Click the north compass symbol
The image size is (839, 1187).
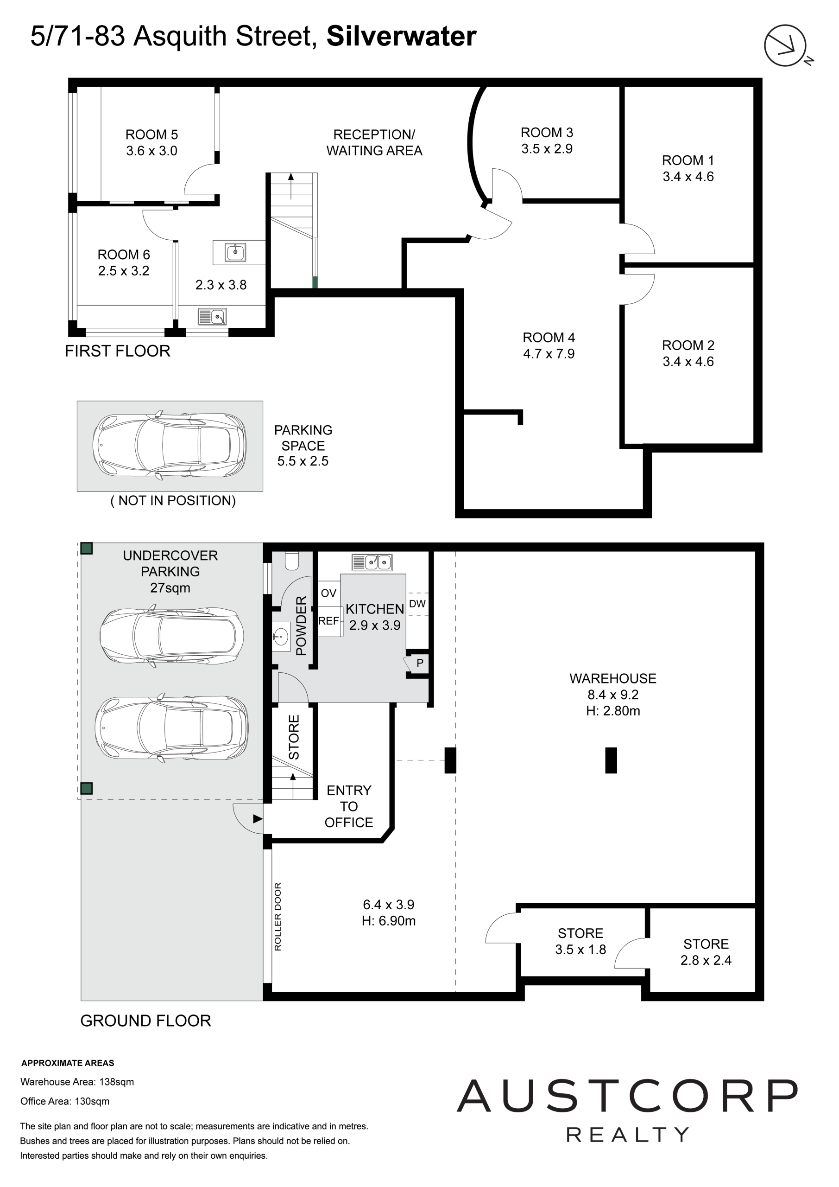(786, 45)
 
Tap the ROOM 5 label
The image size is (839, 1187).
(151, 134)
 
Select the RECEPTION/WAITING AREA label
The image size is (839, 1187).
(374, 143)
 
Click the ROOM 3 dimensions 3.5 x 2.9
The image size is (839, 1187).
(547, 149)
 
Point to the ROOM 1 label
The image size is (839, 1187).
(688, 160)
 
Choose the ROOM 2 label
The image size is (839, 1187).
(688, 345)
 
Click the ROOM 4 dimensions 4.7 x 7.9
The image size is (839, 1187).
(549, 354)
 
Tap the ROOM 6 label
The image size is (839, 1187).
(124, 255)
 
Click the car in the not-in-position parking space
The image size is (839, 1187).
(170, 445)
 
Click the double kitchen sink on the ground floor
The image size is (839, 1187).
(372, 562)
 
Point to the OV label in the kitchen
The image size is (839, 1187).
(328, 593)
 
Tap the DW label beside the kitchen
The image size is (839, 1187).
(417, 603)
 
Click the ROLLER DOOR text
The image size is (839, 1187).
(278, 917)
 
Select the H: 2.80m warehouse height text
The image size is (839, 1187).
(613, 711)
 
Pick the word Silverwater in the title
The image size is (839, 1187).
(401, 36)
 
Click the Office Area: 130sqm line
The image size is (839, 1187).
(65, 1101)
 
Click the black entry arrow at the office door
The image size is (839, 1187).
(258, 819)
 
